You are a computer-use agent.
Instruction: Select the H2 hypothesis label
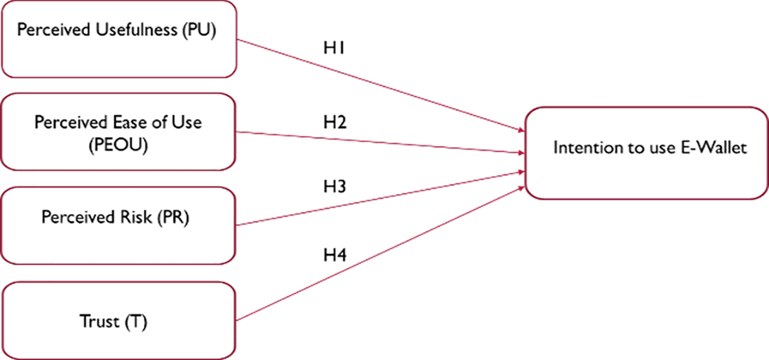pos(335,122)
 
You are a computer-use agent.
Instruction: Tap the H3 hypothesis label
pos(335,187)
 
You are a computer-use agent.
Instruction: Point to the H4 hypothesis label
pos(335,255)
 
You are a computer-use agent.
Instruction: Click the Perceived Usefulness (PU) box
pos(118,39)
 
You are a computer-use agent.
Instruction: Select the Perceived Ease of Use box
pos(118,131)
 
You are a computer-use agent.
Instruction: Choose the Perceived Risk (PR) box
pos(118,225)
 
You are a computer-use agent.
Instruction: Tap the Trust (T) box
pos(118,320)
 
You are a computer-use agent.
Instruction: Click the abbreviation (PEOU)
pos(118,146)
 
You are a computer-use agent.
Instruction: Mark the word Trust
pos(99,321)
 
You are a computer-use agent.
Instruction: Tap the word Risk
pos(137,218)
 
